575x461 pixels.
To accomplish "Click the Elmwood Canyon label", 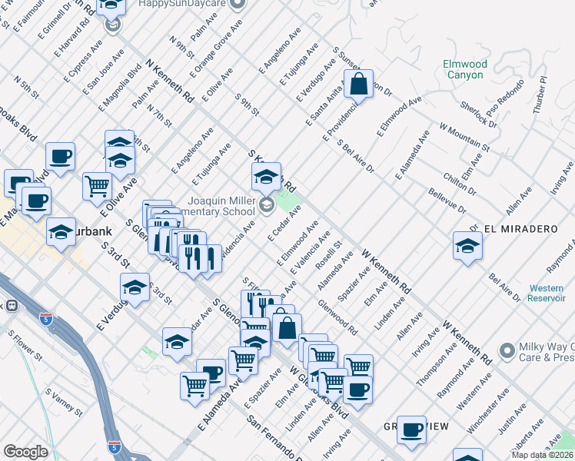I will click(x=465, y=70).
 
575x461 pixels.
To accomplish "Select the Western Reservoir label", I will click(x=547, y=293).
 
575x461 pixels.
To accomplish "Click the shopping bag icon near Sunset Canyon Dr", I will click(x=358, y=85).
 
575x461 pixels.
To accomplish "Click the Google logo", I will click(x=25, y=452).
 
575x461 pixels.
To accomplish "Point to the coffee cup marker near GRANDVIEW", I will click(x=412, y=429).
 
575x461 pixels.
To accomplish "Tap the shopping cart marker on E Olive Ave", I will click(x=98, y=186).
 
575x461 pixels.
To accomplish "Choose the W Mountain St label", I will click(x=464, y=135).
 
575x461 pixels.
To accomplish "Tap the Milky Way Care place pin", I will click(x=506, y=351).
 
